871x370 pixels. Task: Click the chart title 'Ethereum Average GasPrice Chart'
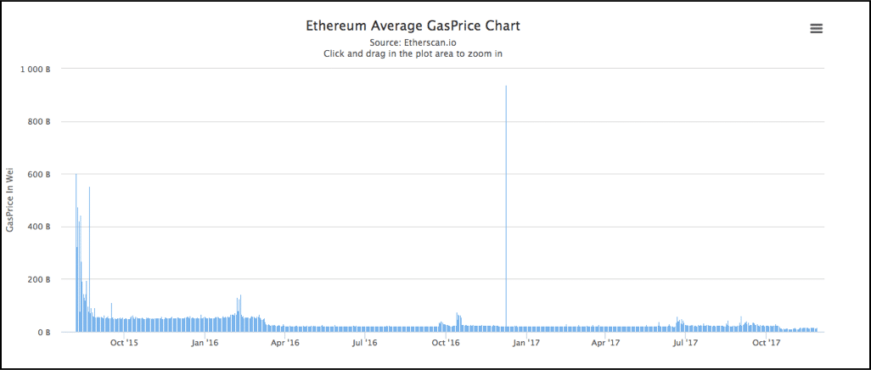413,25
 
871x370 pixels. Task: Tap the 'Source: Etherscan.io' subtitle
413,42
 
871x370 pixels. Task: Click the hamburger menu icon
817,29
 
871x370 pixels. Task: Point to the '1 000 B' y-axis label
37,69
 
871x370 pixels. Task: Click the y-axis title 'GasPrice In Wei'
10,200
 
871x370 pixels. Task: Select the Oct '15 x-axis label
124,343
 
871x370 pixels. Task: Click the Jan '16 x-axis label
205,343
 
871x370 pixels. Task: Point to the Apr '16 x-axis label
285,343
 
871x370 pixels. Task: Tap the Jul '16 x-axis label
365,343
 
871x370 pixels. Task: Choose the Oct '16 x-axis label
446,343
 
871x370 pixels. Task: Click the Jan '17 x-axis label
527,343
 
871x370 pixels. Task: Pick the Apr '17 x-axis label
606,343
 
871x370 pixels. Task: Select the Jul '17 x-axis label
686,343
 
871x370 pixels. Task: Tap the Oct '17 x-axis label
767,343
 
